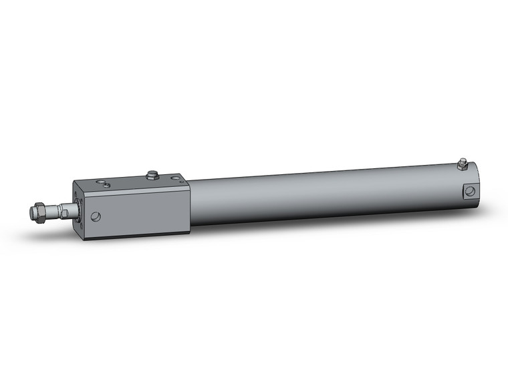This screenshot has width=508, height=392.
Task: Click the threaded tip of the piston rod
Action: point(33,213)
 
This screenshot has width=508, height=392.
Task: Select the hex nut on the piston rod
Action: point(42,212)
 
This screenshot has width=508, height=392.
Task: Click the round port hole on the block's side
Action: point(97,216)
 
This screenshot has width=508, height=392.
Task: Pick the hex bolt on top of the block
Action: point(152,176)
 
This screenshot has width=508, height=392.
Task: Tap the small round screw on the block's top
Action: point(101,182)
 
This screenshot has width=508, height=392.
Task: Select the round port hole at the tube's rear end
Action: point(470,191)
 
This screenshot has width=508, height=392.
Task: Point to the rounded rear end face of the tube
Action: point(476,180)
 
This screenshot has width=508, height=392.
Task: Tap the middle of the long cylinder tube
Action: point(328,194)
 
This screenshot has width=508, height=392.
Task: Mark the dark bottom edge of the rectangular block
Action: point(134,235)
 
